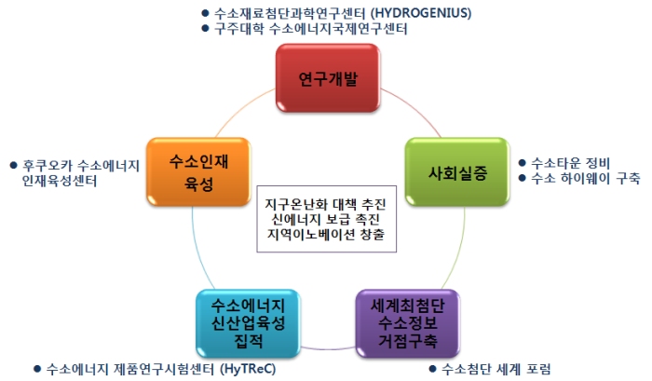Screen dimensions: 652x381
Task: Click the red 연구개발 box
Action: coord(328,78)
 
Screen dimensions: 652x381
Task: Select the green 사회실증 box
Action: coord(457,171)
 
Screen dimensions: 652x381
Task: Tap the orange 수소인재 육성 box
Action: coord(198,171)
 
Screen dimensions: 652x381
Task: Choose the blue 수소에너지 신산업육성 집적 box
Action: coord(248,323)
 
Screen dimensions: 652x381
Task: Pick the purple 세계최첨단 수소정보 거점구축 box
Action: coord(408,323)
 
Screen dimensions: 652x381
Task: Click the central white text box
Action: coord(326,219)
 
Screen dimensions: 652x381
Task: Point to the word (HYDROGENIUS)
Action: coord(421,13)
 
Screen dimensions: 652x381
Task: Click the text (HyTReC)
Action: coord(248,369)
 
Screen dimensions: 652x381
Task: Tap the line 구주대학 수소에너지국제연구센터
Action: coord(310,29)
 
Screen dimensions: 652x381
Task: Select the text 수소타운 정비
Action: coord(570,163)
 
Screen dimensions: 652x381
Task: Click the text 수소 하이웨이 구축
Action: coord(586,178)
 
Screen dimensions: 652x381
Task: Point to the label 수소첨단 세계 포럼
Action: coord(496,369)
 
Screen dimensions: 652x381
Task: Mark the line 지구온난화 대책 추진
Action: coord(326,204)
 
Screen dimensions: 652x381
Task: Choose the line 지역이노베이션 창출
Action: coord(326,234)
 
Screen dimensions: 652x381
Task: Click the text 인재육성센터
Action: coord(60,181)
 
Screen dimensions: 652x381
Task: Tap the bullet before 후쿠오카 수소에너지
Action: coord(13,166)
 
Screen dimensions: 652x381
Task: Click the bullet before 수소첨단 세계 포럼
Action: coord(432,369)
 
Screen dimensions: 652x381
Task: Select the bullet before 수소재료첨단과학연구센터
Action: coord(205,13)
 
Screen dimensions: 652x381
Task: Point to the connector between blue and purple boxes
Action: coord(328,348)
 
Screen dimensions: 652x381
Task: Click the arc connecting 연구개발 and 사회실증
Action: coord(414,108)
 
